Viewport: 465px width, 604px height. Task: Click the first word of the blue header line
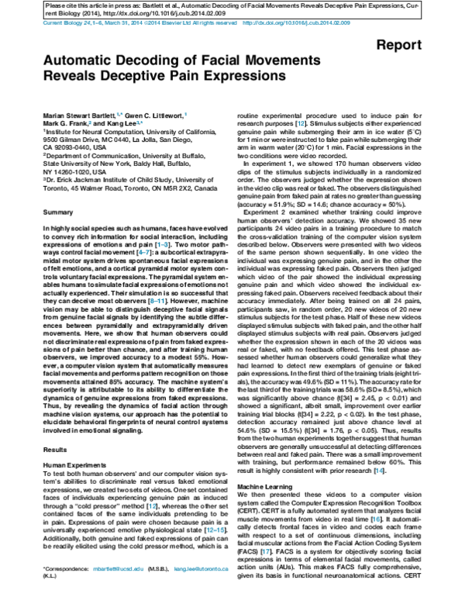[50, 23]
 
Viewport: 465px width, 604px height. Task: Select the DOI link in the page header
[297, 23]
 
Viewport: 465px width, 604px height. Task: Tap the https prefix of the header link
[251, 23]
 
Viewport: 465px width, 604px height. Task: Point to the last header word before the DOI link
[226, 23]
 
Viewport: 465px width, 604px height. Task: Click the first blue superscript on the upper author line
[119, 115]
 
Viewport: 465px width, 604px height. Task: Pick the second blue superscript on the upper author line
[185, 115]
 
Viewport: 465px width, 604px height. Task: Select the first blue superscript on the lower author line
[90, 123]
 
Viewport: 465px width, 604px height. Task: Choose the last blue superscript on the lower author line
[301, 123]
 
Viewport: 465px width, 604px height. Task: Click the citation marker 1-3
[163, 245]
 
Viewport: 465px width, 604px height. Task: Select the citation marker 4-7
[144, 253]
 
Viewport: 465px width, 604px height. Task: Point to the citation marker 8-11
[157, 301]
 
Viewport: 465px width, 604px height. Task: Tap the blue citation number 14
[379, 471]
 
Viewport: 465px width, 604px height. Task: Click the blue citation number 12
[153, 506]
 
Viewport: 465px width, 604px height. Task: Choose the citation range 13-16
[215, 530]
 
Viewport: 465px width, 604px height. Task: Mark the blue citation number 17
[266, 552]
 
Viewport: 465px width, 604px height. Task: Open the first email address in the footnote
[119, 569]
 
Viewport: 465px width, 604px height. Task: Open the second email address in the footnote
[201, 569]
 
